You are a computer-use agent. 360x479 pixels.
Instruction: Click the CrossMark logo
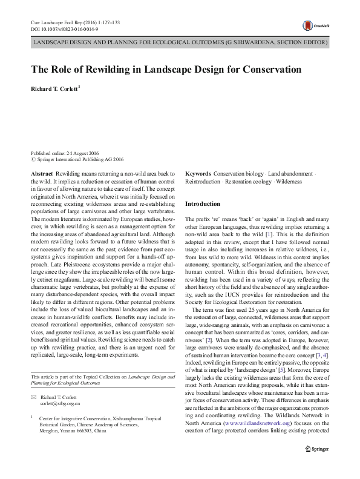[315, 25]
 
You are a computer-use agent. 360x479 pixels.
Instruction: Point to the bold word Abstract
[41, 173]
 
